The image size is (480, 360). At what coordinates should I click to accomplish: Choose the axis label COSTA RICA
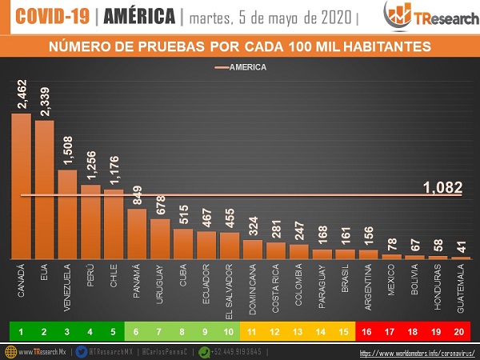point(276,289)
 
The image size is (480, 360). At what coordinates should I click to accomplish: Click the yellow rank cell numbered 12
point(276,329)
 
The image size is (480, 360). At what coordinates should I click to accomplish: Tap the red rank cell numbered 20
point(460,329)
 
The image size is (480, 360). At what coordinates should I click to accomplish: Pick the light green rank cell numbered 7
point(160,329)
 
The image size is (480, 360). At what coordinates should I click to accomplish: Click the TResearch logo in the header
point(422,15)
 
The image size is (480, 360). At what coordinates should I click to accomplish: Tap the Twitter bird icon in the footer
point(82,351)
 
